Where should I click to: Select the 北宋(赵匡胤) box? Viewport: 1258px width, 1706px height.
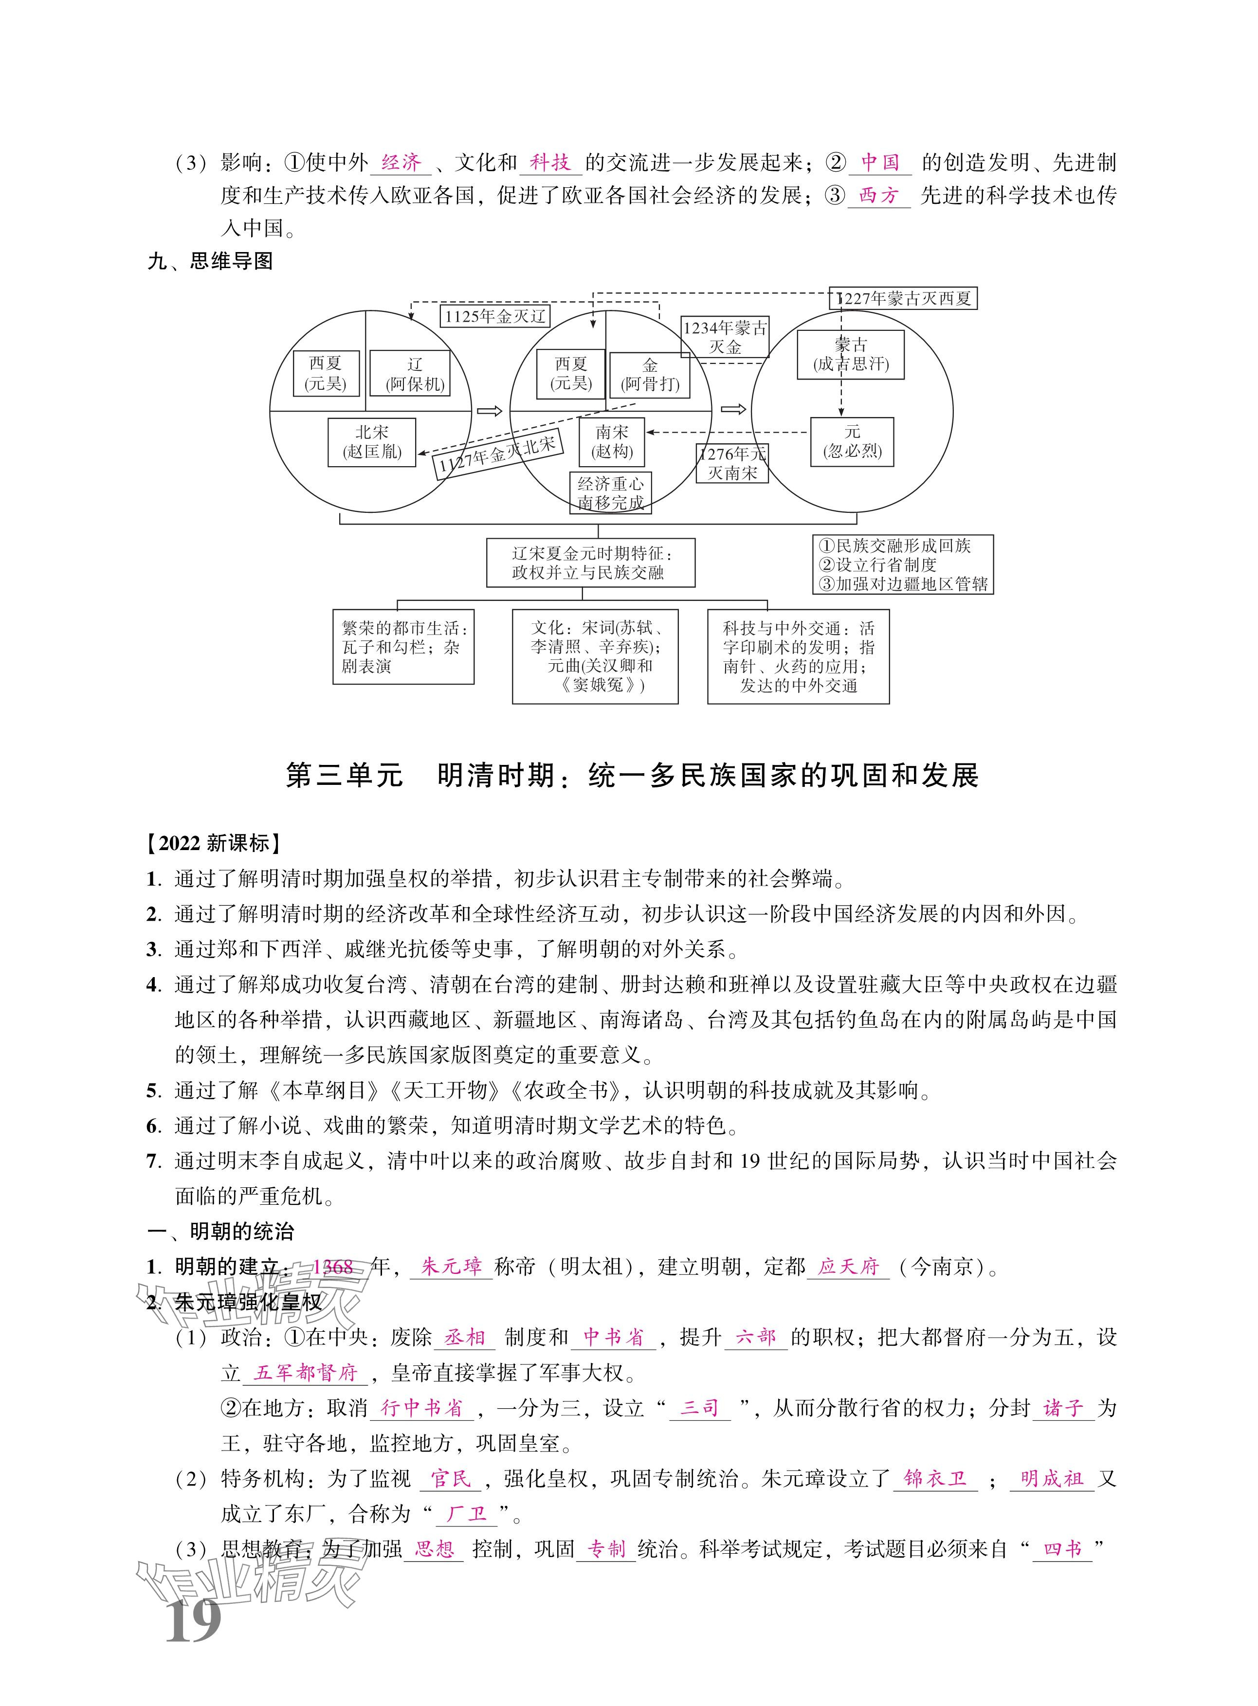coord(372,441)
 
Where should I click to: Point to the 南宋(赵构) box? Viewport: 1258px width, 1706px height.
coord(612,441)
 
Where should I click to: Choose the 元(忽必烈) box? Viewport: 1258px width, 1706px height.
coord(851,441)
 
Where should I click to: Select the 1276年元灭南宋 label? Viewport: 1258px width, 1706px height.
coord(732,463)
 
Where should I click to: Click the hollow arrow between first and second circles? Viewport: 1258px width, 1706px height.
coord(490,411)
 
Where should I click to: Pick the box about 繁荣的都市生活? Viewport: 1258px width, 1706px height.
coord(403,646)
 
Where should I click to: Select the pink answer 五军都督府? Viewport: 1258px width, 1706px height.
coord(305,1373)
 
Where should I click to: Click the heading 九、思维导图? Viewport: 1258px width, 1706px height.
coord(210,261)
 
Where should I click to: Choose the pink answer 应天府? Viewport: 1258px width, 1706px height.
coord(848,1267)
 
